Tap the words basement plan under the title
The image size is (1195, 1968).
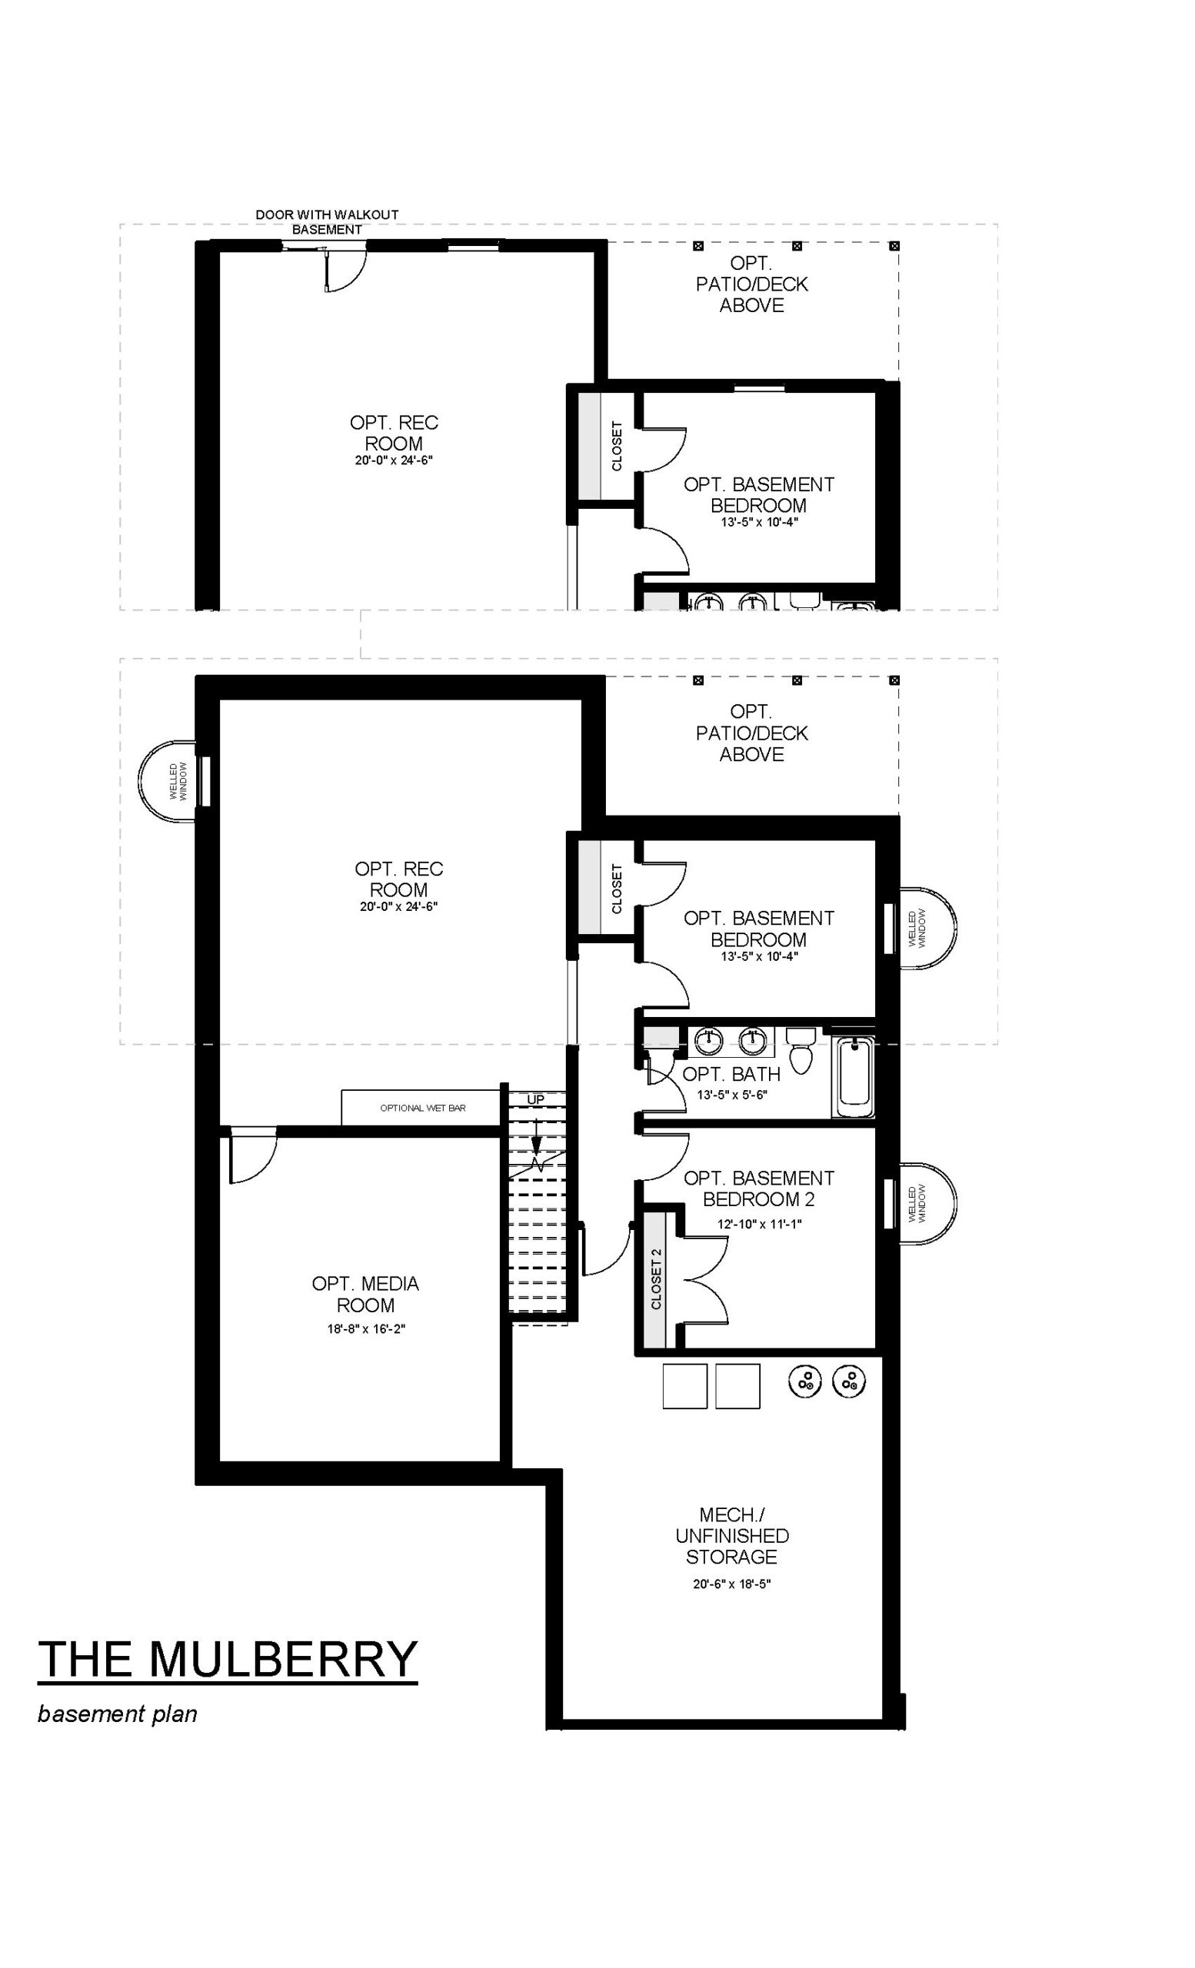click(x=118, y=1714)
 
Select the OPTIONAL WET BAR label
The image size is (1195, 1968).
click(x=423, y=1108)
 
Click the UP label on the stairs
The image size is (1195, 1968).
click(x=535, y=1100)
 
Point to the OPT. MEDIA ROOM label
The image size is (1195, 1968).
click(x=366, y=1294)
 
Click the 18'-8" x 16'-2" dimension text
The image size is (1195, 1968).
click(x=366, y=1328)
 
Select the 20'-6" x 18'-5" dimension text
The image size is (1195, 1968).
click(x=732, y=1584)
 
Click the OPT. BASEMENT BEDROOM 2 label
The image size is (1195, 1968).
click(x=759, y=1188)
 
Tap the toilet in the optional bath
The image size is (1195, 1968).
click(x=800, y=1050)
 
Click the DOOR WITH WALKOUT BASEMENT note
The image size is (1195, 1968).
click(x=327, y=222)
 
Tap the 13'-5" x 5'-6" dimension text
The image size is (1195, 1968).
click(x=732, y=1095)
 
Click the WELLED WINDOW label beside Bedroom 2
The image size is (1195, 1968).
click(x=917, y=1205)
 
